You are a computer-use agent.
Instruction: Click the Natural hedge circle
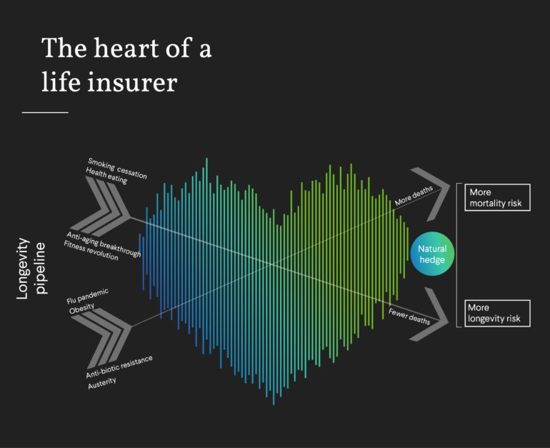(x=431, y=254)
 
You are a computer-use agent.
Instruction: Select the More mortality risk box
(x=497, y=198)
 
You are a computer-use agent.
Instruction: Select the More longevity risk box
(x=497, y=312)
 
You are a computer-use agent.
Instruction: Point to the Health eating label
(x=106, y=176)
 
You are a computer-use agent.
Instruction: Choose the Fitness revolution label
(x=91, y=252)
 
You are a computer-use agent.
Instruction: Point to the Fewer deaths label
(x=409, y=315)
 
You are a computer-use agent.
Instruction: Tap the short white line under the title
(x=45, y=112)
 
